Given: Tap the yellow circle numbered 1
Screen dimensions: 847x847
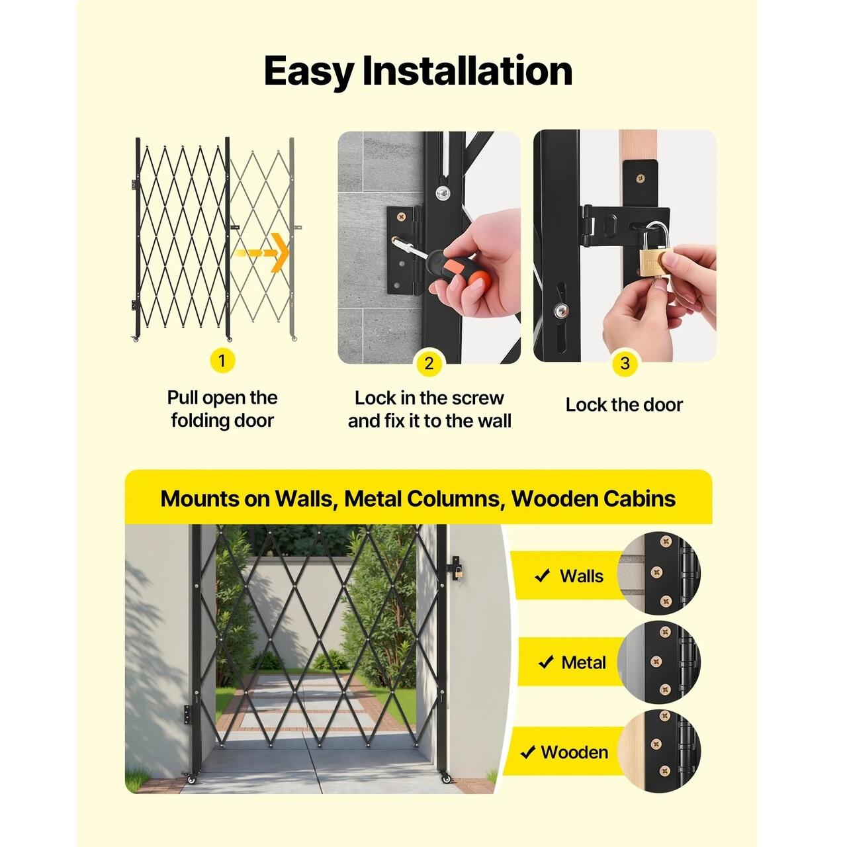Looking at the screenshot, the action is click(222, 361).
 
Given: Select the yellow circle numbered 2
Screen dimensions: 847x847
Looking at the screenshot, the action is click(429, 363).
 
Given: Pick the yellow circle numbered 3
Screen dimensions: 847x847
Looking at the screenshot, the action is click(625, 363).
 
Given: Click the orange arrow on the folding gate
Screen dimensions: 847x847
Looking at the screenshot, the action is click(261, 253).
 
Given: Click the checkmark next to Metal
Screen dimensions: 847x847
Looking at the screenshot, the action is click(545, 662).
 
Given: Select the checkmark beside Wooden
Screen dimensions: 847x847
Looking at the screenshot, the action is click(527, 752).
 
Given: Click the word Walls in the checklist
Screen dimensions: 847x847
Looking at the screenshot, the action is click(582, 576).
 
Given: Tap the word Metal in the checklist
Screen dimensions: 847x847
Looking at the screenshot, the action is click(583, 662).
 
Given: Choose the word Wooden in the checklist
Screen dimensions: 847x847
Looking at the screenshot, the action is click(574, 752).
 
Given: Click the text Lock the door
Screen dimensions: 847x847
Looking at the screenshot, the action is click(624, 405).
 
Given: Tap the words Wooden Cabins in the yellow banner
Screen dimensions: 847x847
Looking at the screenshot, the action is click(594, 498).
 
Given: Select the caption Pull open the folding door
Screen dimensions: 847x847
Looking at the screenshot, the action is click(222, 409).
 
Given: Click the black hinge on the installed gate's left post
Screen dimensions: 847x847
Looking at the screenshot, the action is click(189, 714).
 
